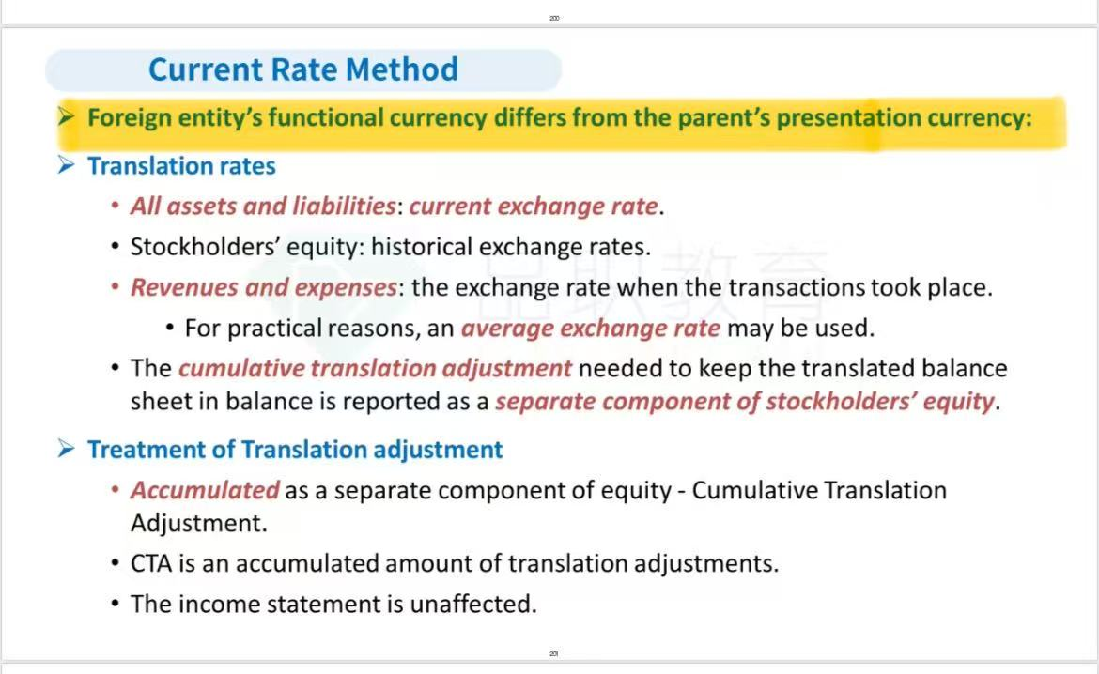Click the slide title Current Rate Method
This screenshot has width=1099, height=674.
pos(302,69)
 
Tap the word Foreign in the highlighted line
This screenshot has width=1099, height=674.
pos(129,117)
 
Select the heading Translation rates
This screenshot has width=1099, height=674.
pos(181,166)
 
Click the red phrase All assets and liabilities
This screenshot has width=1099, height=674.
pos(264,206)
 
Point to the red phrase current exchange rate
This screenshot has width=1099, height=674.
pos(534,206)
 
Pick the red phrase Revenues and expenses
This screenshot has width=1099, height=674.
pos(264,287)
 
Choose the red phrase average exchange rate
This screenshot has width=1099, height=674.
pos(590,328)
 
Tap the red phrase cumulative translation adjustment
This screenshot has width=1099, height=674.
pos(375,369)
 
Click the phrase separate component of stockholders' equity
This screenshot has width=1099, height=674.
pos(745,402)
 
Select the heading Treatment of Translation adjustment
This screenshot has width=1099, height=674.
pos(295,449)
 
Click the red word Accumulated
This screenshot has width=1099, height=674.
pos(205,490)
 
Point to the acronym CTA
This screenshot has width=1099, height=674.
pos(150,563)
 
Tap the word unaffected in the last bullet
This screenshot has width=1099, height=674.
pos(473,604)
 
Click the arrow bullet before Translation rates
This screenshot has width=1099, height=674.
pos(67,165)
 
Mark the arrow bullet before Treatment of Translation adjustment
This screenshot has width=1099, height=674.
pos(67,449)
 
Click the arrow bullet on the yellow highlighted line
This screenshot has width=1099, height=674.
pos(67,116)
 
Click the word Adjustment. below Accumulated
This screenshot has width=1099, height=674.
pos(199,524)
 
